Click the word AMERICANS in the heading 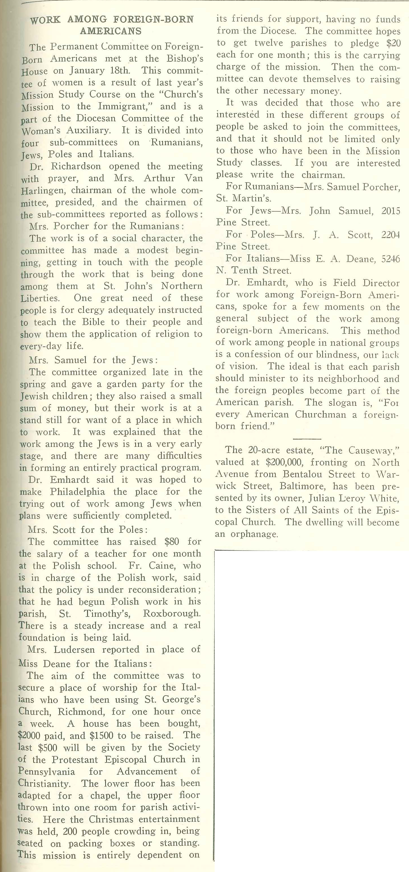click(111, 31)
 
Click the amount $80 click(171, 542)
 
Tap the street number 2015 click(391, 211)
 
